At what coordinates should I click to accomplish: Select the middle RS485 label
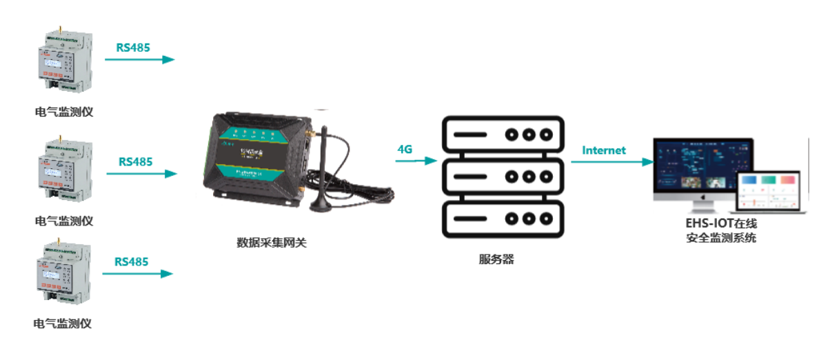[135, 162]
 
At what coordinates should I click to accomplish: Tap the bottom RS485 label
[131, 261]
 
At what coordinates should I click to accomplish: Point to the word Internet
[603, 150]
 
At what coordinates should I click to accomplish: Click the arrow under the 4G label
[416, 161]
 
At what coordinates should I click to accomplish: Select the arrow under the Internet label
[611, 162]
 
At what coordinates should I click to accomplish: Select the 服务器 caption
[496, 260]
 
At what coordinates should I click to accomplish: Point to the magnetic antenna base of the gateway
[319, 204]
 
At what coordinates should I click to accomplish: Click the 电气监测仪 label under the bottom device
[63, 323]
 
